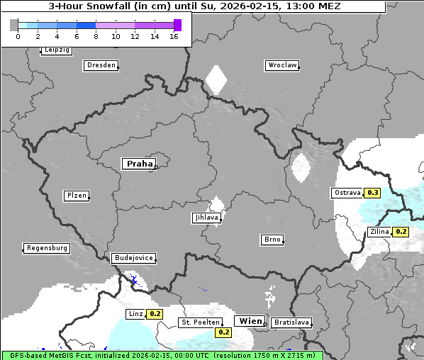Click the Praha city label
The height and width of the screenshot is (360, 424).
coord(139,164)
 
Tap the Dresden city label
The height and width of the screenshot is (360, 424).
coord(101,65)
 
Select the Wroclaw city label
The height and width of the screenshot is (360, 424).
coord(281,65)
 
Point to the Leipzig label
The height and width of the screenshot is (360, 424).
coord(56,50)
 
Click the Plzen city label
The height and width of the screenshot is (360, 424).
coord(76,196)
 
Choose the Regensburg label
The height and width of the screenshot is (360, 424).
coord(47,248)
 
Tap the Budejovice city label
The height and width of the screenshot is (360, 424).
coord(133,258)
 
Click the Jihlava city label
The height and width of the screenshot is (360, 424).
coord(206,218)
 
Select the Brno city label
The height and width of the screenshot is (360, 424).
coord(272,240)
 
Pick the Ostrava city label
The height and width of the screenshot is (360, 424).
coord(347,193)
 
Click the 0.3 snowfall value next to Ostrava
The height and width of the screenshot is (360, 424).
coord(372,193)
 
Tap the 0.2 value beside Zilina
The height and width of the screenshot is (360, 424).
coord(401,232)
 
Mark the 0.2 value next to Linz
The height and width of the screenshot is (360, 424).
coord(155,314)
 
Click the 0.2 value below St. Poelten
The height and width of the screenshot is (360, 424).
coord(224,332)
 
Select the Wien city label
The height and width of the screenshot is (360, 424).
coord(250,321)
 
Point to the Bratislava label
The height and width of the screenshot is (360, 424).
coord(291,322)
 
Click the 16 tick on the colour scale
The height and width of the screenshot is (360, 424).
coord(174,36)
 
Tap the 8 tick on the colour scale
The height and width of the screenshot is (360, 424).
coord(96,36)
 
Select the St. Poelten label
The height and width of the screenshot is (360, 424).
coord(199,323)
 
